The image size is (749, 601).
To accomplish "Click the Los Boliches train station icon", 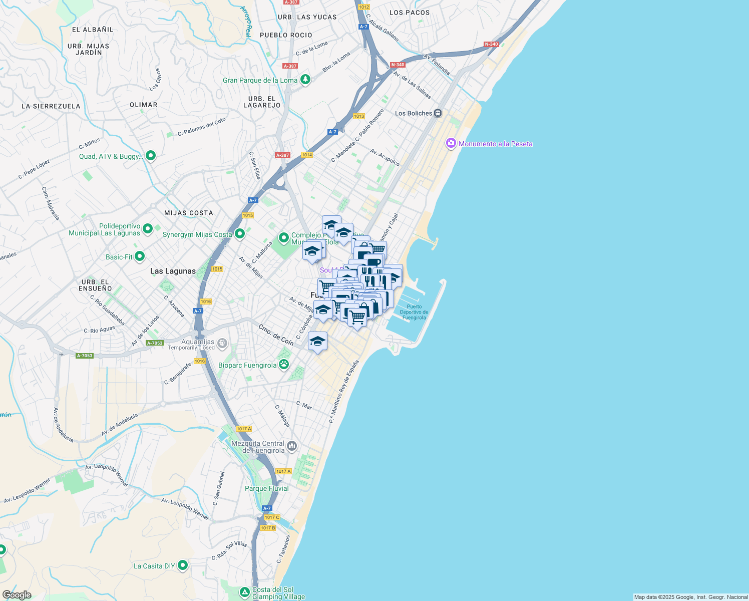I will point(438,113).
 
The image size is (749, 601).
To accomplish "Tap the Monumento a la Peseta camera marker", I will point(451,144).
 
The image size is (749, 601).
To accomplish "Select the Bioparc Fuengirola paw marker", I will point(284,365).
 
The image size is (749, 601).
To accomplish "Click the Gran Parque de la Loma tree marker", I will point(305,80).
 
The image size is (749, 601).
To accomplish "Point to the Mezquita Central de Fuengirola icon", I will point(292,446).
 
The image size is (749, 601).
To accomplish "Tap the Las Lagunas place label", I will point(173,271).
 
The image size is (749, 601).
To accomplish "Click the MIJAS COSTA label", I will point(189,213).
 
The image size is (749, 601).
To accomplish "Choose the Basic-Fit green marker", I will point(140,256).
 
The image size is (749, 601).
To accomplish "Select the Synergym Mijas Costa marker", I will point(240,233).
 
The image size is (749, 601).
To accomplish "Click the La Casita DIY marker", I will point(183,565).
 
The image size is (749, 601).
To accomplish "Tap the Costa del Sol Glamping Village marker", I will point(244,592).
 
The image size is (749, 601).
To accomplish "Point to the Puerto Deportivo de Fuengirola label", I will point(414,312).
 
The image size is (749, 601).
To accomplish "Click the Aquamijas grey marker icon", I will point(222,344).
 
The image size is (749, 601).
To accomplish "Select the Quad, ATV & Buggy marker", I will point(150,155).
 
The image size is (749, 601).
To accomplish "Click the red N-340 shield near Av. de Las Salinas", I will point(398,65).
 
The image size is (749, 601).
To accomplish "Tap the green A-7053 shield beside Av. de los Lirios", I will point(155,343).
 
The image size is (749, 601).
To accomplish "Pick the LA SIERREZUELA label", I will point(51,106).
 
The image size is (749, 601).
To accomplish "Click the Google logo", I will point(17,594).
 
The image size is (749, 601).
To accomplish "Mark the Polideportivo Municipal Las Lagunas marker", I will point(148,229).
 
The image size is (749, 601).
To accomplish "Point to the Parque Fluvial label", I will point(266,488).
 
